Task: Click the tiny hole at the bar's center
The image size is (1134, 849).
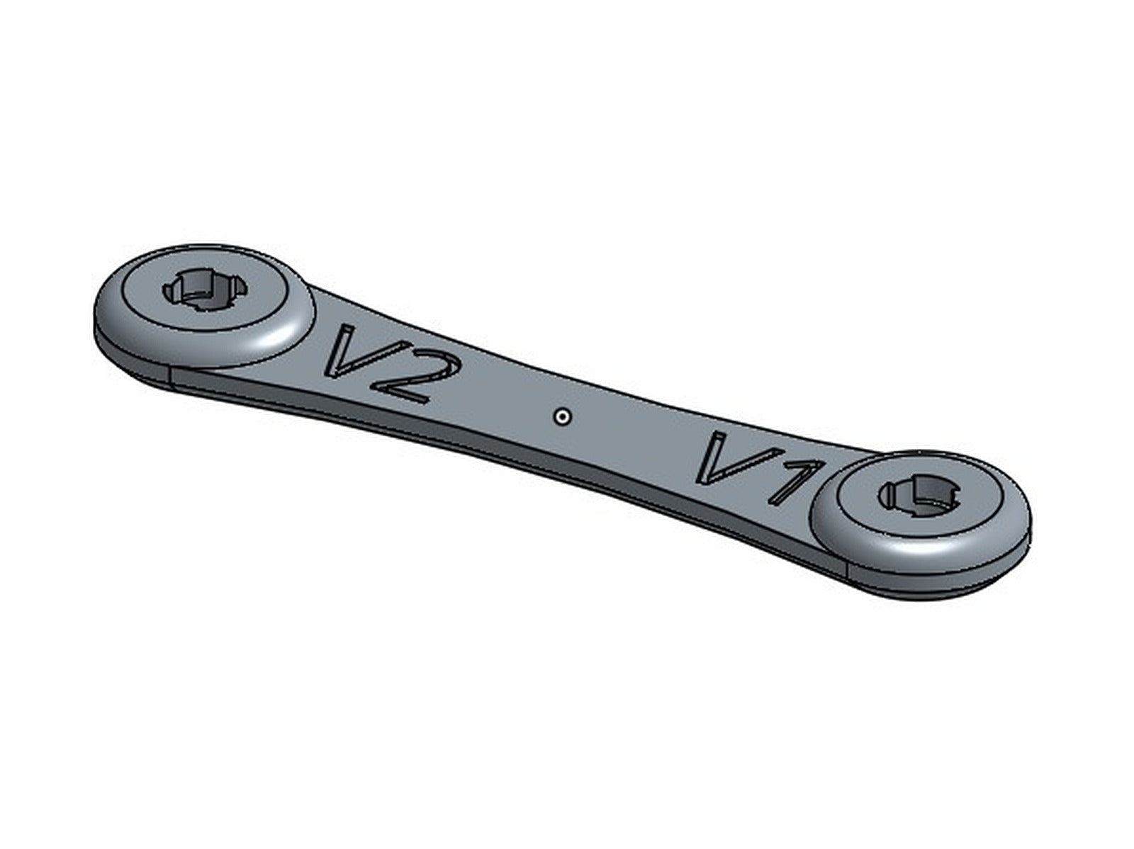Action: coord(562,416)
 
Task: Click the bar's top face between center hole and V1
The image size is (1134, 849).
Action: coord(638,432)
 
